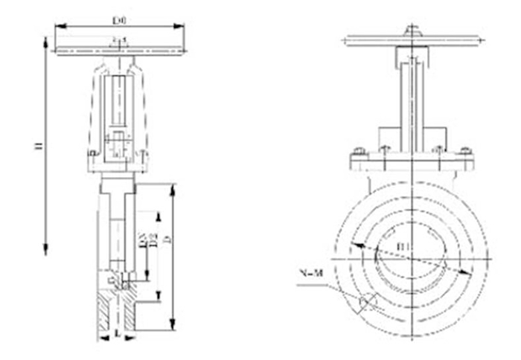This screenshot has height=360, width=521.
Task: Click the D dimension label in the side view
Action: (x=167, y=240)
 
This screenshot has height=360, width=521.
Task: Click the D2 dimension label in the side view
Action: (x=153, y=240)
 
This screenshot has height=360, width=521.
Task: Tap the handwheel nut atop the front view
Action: (x=411, y=30)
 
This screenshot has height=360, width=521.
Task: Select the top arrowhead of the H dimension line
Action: (x=46, y=43)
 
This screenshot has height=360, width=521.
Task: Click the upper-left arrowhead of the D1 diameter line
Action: (x=356, y=245)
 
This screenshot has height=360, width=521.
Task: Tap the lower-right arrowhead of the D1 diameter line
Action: (x=468, y=272)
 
